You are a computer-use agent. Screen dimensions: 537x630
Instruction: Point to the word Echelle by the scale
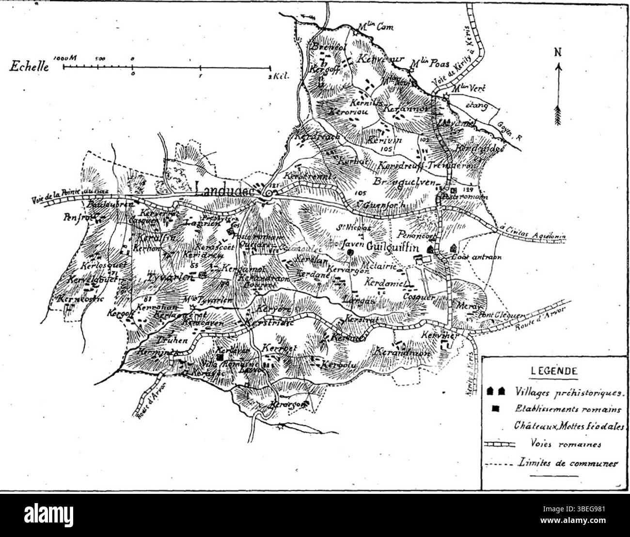29,66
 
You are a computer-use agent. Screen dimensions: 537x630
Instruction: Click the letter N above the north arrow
558,52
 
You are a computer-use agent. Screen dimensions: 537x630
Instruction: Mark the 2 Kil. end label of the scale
278,77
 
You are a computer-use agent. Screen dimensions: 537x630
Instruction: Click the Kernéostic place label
80,299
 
